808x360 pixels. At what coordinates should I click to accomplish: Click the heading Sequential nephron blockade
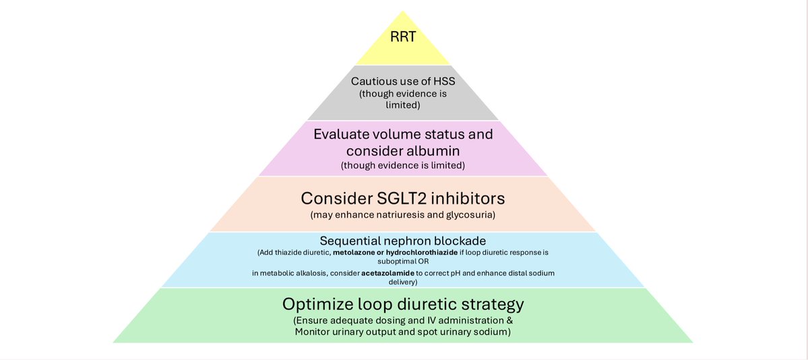(403, 241)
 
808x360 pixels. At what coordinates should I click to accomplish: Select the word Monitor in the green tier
(315, 332)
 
